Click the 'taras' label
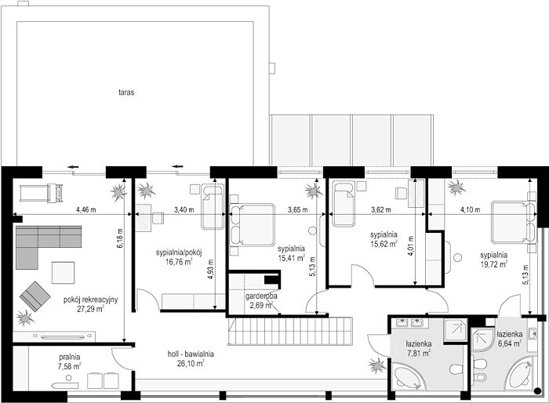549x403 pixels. click(x=126, y=93)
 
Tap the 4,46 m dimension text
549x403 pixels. click(x=85, y=209)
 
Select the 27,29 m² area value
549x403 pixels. click(x=91, y=309)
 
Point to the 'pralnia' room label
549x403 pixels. click(x=69, y=357)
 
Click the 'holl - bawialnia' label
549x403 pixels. click(x=191, y=354)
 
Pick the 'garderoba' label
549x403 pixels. click(x=261, y=296)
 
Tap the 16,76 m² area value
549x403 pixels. click(x=180, y=261)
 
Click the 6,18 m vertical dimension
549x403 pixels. click(x=120, y=238)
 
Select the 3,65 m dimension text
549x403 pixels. click(x=297, y=209)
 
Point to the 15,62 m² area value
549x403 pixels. click(x=384, y=243)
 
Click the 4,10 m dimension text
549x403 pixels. click(x=470, y=209)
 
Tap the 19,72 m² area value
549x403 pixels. click(x=493, y=264)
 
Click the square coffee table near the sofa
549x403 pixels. click(x=63, y=273)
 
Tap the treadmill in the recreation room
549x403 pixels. click(x=42, y=193)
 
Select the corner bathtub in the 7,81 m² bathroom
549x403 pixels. click(x=409, y=376)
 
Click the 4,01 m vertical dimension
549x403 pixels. click(x=410, y=245)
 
